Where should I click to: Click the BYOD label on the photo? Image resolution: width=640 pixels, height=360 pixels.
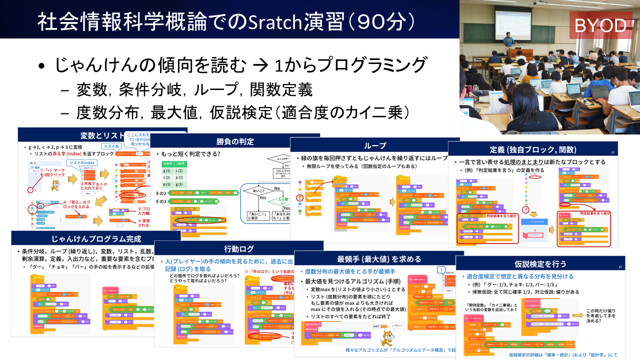coord(600,25)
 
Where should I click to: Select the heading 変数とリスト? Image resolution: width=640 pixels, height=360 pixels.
coord(102,135)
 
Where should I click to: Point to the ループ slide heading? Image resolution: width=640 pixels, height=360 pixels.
coord(374,145)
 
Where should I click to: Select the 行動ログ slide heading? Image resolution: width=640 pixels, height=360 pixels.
coord(239,249)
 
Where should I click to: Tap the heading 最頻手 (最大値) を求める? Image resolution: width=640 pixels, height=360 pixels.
coord(379,259)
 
